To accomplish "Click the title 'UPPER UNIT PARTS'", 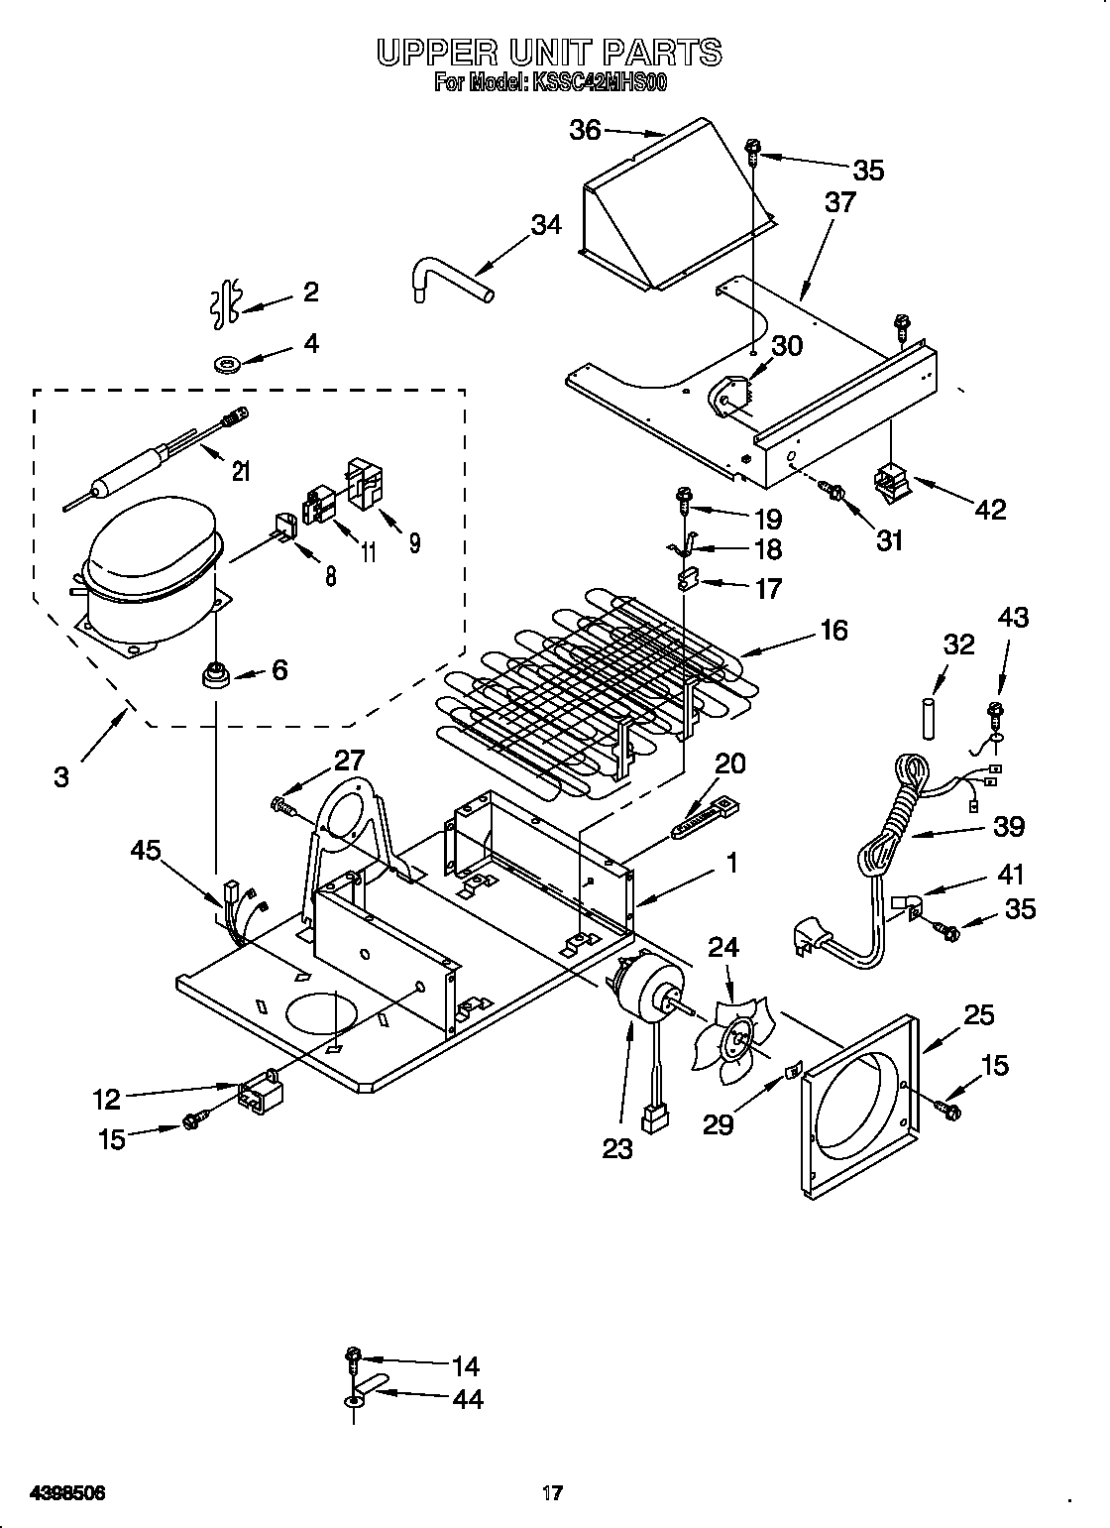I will (x=549, y=52).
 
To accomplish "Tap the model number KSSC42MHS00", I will (x=599, y=83).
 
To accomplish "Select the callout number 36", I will (x=585, y=129).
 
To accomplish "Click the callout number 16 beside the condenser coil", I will (x=834, y=630).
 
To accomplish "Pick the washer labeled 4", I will (x=229, y=365).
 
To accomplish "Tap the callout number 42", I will (x=989, y=509).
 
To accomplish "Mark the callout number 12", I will (x=107, y=1099).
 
